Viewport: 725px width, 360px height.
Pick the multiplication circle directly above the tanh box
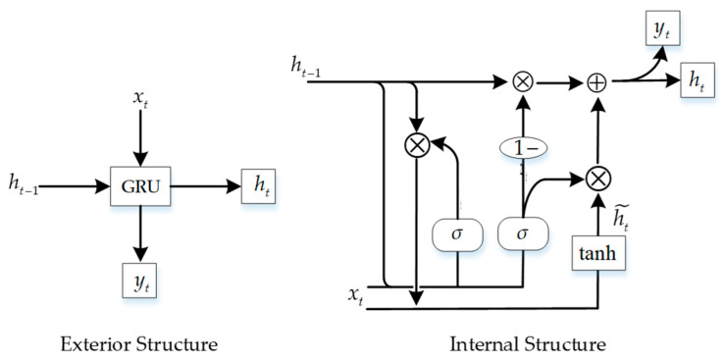(596, 178)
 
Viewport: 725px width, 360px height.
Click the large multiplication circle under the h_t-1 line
(418, 144)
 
